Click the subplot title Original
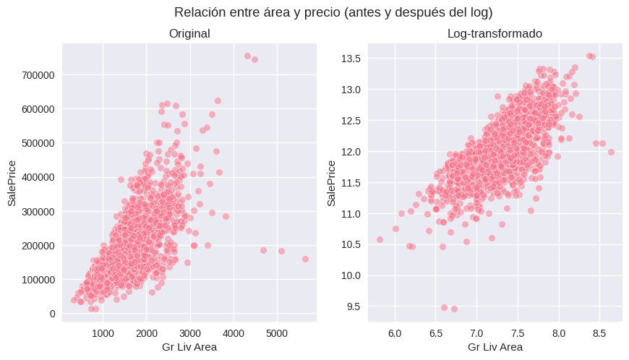click(189, 34)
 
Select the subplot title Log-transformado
click(495, 34)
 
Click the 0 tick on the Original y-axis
click(52, 314)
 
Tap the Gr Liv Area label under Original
click(189, 347)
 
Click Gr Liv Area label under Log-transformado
click(495, 347)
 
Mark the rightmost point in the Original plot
click(305, 259)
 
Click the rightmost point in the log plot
click(611, 152)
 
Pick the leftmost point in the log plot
click(380, 239)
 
